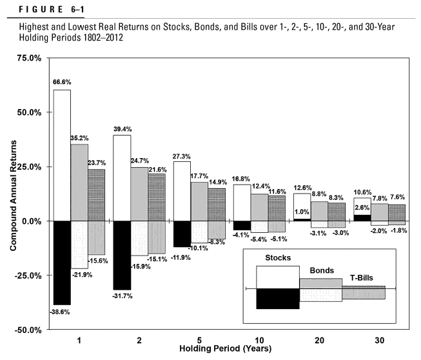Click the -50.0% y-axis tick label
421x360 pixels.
(x=30, y=330)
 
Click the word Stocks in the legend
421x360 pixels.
(x=278, y=258)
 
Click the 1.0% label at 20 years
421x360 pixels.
(x=302, y=212)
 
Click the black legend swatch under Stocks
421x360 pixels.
(x=278, y=299)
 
